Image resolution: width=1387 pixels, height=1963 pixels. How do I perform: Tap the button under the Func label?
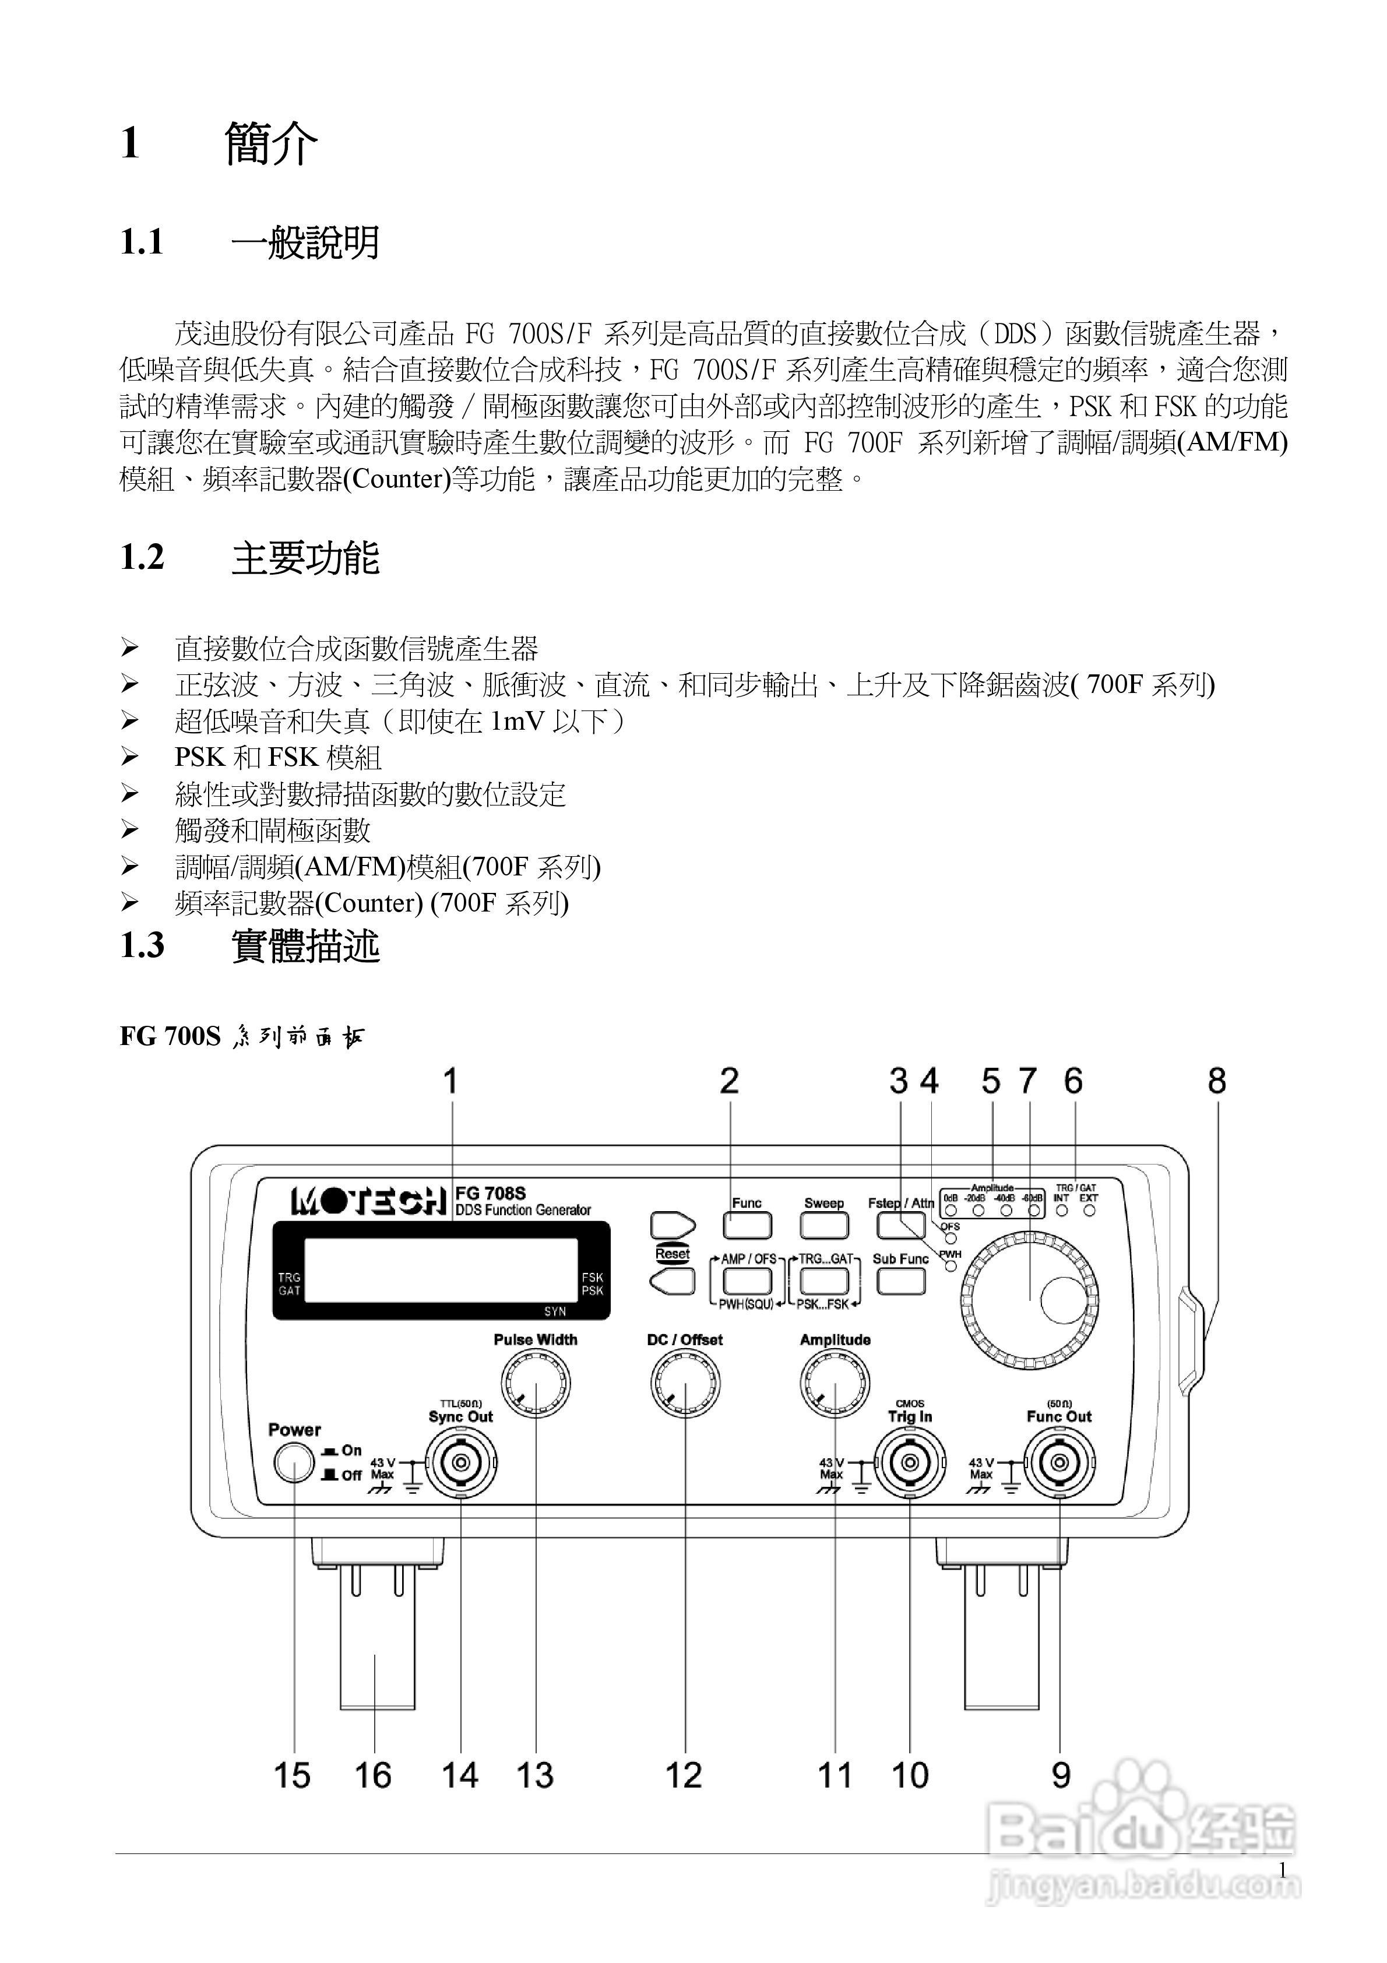747,1226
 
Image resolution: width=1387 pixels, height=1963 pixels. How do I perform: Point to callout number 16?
373,1776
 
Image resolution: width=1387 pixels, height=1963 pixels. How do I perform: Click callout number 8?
1216,1082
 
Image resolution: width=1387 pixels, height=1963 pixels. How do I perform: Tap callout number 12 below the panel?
683,1776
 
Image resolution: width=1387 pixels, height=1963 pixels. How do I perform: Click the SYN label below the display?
555,1311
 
